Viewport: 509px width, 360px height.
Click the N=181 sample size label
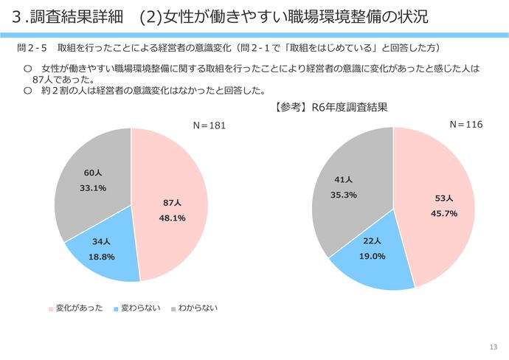(x=209, y=125)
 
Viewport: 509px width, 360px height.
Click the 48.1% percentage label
(x=172, y=218)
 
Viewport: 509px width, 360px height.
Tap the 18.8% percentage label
(x=102, y=257)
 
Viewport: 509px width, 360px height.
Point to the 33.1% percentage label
(x=92, y=188)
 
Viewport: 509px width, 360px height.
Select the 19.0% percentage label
(x=373, y=256)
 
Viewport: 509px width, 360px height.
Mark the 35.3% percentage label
(x=344, y=195)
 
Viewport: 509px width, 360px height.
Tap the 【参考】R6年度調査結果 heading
(x=330, y=107)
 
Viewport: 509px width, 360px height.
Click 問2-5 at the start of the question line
(x=32, y=48)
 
